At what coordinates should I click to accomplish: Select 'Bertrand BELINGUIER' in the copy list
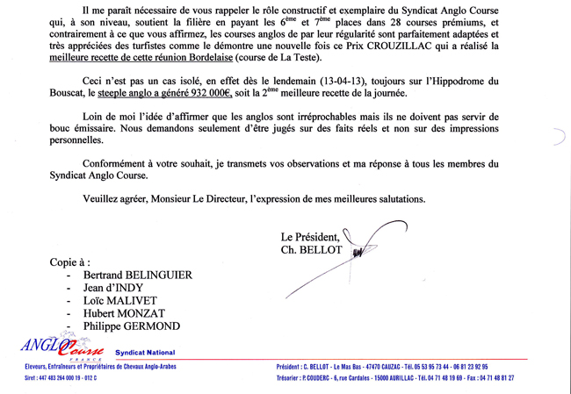coord(137,275)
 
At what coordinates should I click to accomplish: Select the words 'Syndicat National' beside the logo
coord(146,352)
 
